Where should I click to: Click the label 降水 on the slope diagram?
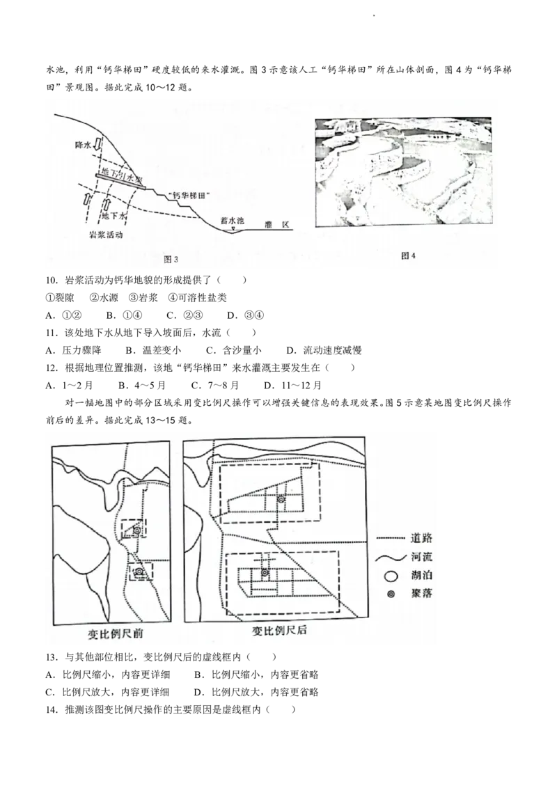pos(84,145)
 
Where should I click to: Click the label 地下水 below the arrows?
pos(114,216)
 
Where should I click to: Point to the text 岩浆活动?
pos(107,235)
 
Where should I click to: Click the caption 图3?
pos(171,260)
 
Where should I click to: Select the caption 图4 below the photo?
pos(409,256)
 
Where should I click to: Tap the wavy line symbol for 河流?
pos(391,558)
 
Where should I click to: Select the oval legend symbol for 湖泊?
pos(392,576)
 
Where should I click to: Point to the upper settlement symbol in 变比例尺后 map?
pos(281,499)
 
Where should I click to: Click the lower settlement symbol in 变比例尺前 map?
pos(139,572)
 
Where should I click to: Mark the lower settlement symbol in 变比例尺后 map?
pos(265,573)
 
